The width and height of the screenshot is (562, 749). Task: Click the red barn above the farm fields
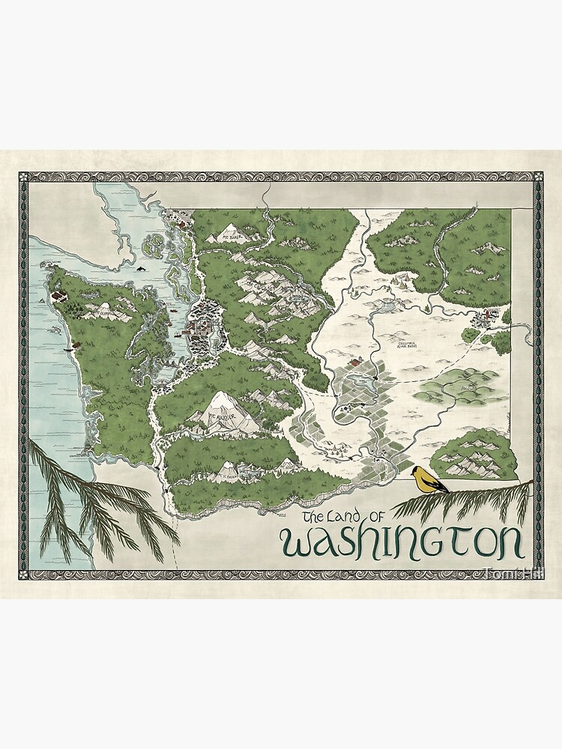pyautogui.click(x=355, y=362)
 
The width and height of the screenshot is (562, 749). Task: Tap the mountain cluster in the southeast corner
pyautogui.click(x=474, y=455)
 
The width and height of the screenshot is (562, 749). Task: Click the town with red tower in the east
pyautogui.click(x=492, y=315)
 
